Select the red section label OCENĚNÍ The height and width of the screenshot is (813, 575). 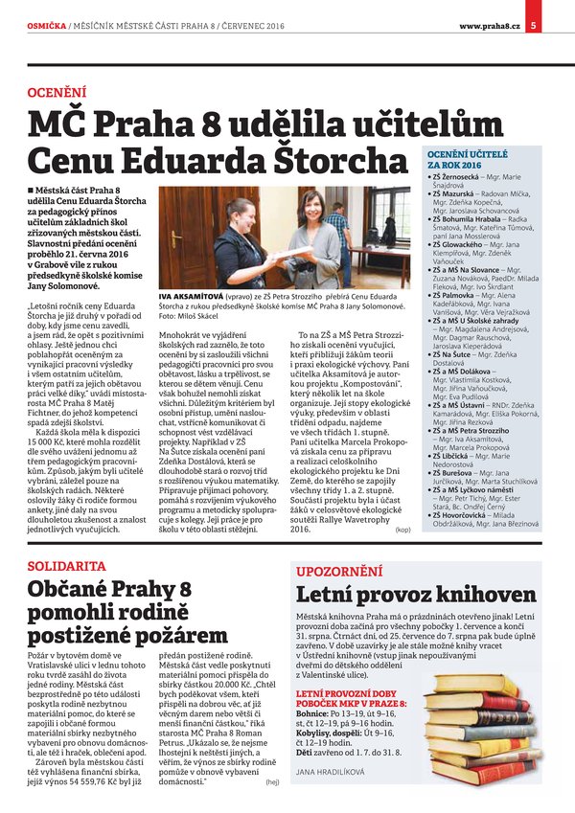point(57,94)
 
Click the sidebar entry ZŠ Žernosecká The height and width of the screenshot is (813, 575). point(457,178)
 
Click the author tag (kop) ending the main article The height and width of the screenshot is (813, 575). point(402,528)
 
